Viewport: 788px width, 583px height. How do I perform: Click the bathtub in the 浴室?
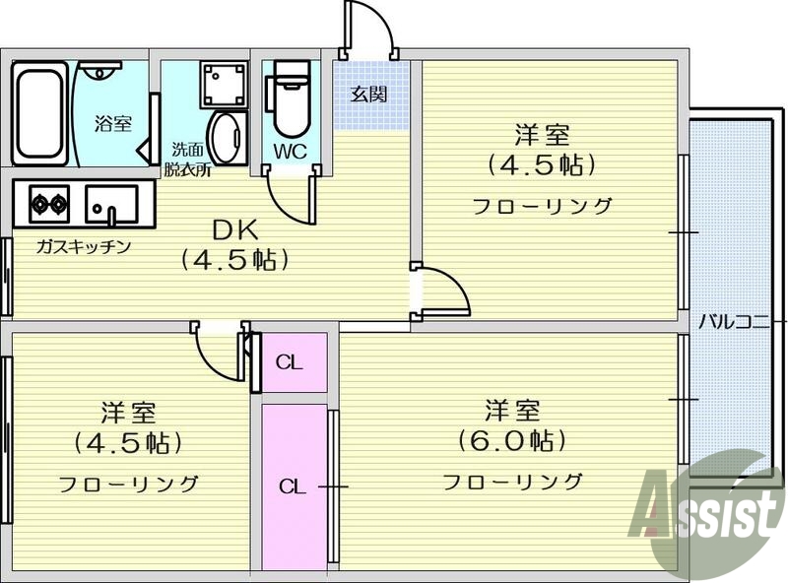coord(39,112)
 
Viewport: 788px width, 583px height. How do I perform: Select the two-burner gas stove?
coord(49,204)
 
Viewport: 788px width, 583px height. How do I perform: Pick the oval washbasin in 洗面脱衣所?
coord(228,138)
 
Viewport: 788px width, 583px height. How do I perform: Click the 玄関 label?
coord(369,95)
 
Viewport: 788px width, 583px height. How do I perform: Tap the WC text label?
coord(290,152)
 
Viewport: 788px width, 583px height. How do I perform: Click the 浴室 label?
coord(112,123)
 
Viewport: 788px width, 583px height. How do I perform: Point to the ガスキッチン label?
coord(84,246)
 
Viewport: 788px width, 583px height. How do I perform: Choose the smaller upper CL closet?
coord(290,361)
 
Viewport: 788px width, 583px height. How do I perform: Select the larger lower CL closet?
coord(293,486)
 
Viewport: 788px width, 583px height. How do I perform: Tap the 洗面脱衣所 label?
coord(187,160)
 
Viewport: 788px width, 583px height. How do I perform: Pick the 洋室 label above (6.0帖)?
coord(510,408)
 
